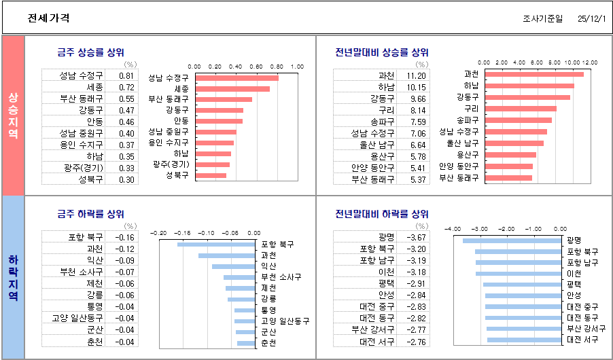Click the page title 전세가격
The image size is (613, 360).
point(48,18)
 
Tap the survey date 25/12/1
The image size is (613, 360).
point(591,19)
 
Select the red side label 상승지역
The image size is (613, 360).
point(13,115)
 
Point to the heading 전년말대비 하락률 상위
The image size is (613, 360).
point(382,214)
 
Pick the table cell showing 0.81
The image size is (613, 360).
point(126,75)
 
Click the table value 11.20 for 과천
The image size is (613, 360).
point(416,75)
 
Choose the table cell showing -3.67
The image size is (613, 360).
point(416,237)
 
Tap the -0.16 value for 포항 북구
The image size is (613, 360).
point(125,237)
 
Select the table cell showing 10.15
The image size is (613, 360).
point(416,87)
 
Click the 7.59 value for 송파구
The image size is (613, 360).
point(416,122)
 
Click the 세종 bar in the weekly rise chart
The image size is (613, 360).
point(232,89)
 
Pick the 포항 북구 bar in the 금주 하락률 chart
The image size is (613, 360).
point(216,244)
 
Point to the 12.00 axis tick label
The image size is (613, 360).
point(589,62)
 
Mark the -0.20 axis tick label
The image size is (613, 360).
point(159,232)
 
